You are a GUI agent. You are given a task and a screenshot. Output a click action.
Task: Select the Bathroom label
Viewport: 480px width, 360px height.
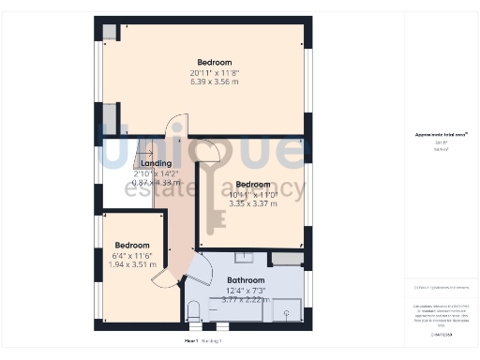point(246,280)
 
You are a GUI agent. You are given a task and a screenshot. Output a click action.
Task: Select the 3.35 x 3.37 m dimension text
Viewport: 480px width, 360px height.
point(252,203)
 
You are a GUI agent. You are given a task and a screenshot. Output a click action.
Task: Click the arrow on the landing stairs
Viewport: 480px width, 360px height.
point(144,151)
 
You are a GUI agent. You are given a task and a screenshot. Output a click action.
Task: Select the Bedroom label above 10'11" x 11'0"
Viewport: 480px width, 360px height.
point(253,185)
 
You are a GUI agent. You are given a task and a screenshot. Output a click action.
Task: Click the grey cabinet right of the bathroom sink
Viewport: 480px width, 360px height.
point(287,259)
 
